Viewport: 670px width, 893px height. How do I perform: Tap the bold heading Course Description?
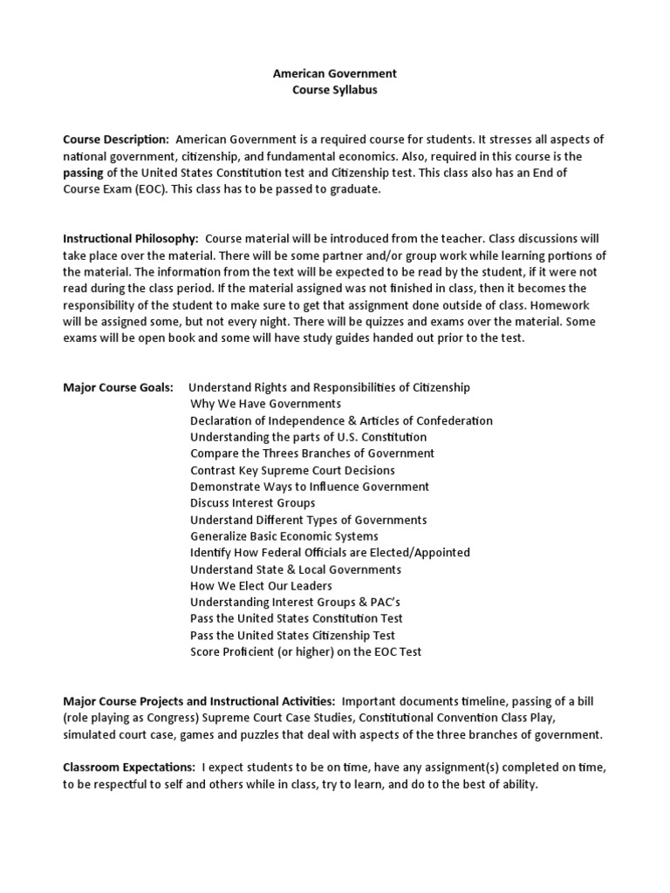[x=116, y=140]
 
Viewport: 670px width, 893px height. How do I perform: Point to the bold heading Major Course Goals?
[x=118, y=387]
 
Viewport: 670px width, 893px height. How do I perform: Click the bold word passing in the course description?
[x=84, y=173]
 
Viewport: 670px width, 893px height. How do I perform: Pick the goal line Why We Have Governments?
[x=265, y=404]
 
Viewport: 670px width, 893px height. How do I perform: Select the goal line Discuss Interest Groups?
[x=253, y=503]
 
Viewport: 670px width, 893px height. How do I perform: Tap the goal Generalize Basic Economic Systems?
[x=284, y=536]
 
